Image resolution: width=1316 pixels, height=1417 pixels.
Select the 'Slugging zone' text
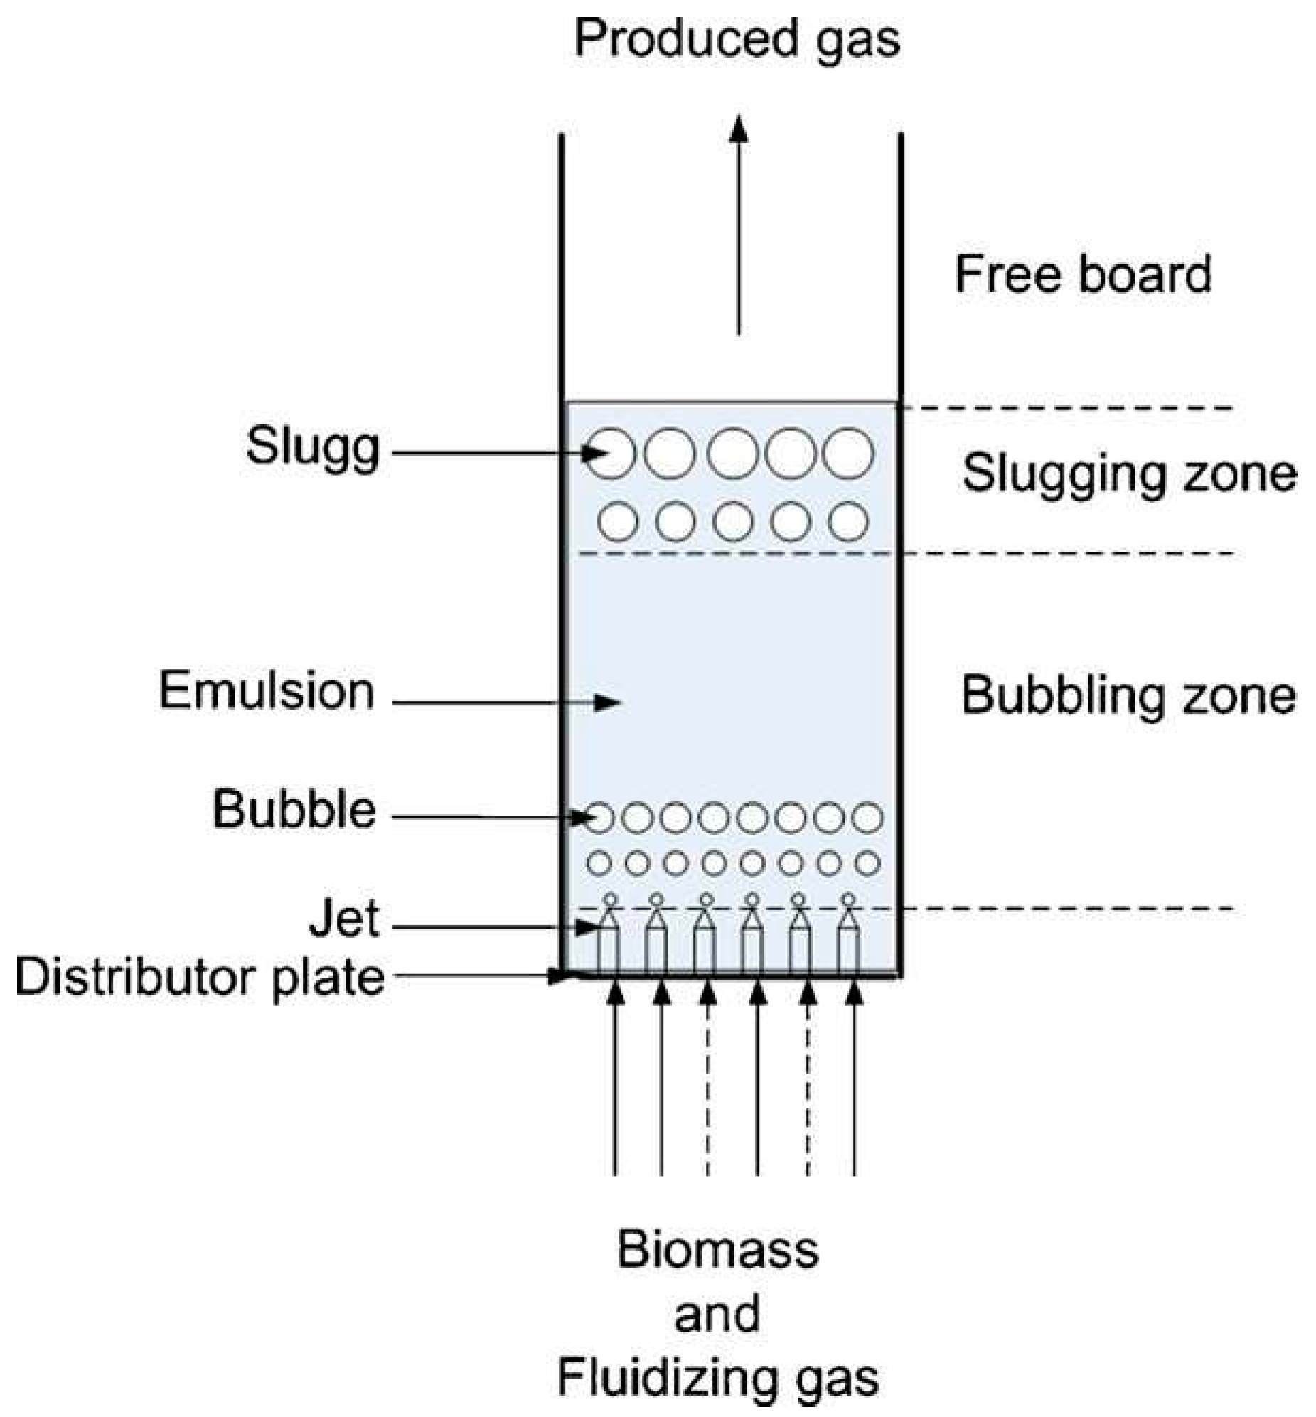[x=1129, y=474]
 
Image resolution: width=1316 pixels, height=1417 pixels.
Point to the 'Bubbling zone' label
[x=1128, y=695]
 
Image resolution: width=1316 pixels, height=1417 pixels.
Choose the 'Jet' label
[x=344, y=919]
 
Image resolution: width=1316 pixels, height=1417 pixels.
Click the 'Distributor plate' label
[x=199, y=977]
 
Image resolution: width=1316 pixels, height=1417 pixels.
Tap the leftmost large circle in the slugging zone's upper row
[x=611, y=453]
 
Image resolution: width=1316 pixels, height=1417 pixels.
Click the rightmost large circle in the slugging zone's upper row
[x=847, y=453]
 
